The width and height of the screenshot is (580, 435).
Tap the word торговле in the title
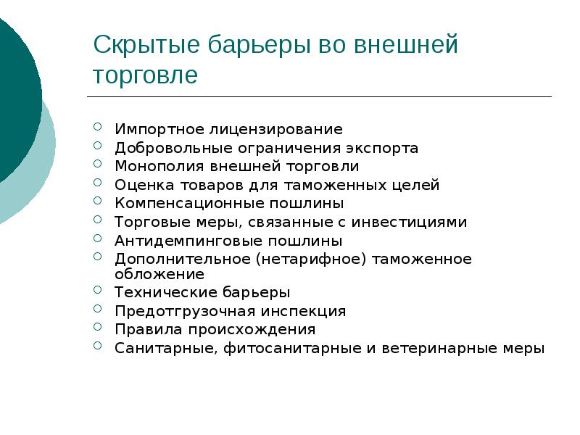(145, 75)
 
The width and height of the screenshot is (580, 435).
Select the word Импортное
(151, 130)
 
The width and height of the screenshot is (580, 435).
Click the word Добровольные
(165, 148)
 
